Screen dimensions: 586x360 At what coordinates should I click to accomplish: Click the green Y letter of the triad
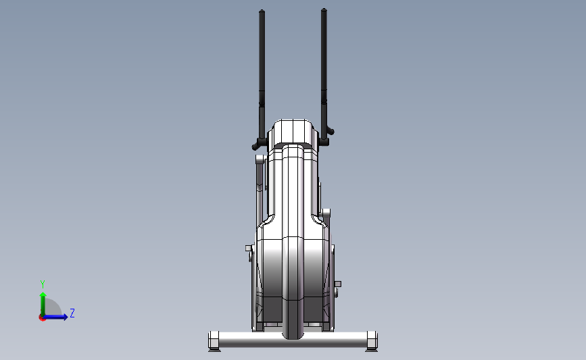pos(43,284)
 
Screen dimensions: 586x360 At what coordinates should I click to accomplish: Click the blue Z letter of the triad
pos(72,313)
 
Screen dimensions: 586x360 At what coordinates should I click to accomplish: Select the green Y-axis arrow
pos(43,304)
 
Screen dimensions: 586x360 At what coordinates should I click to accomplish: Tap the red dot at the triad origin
pos(42,318)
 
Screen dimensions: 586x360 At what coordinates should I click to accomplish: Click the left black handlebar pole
pos(262,75)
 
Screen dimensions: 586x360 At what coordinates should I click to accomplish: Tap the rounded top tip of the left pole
pos(262,11)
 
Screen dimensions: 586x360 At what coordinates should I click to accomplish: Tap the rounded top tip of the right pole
pos(324,9)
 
